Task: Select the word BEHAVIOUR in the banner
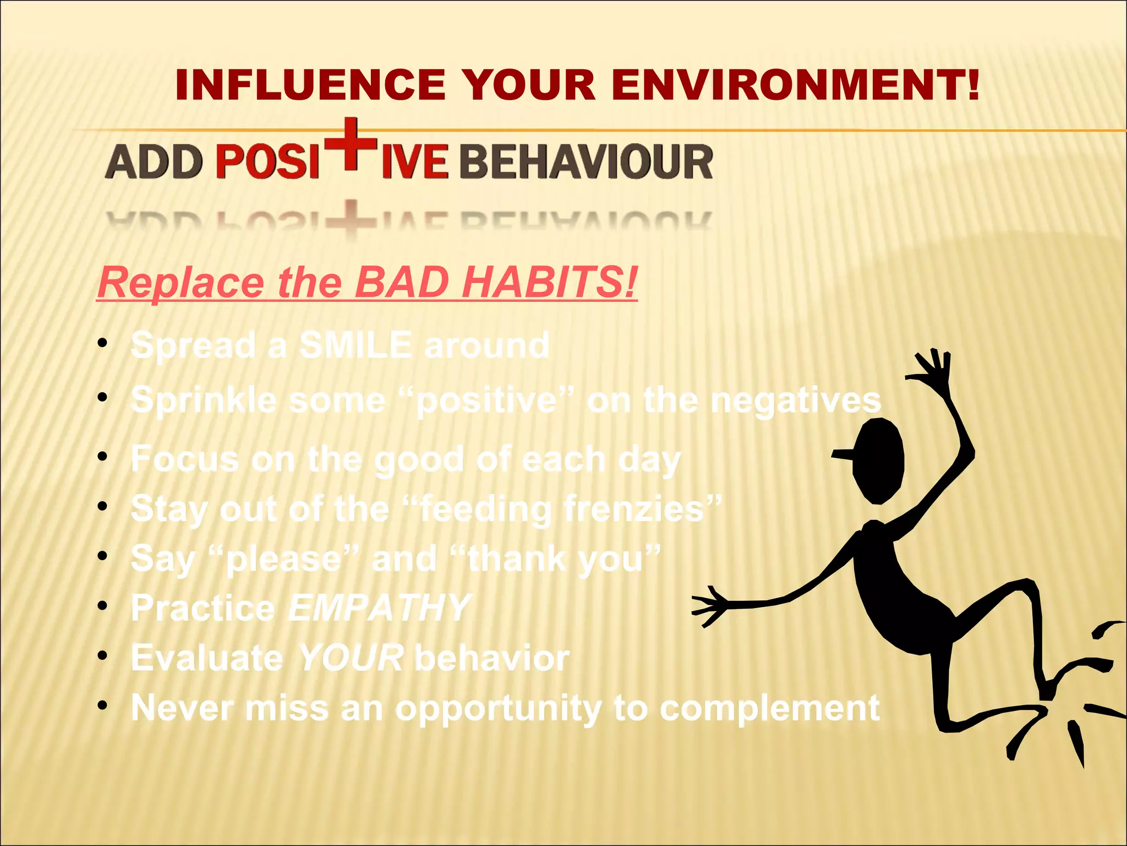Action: coord(586,162)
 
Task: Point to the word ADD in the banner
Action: coord(154,162)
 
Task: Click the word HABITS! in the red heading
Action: coord(550,282)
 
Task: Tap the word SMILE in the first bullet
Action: coord(355,346)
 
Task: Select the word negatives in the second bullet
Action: coord(796,401)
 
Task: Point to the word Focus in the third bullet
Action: coord(185,459)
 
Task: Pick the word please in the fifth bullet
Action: coord(284,558)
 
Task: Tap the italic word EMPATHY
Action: coord(380,608)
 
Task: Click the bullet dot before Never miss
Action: coord(102,705)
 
